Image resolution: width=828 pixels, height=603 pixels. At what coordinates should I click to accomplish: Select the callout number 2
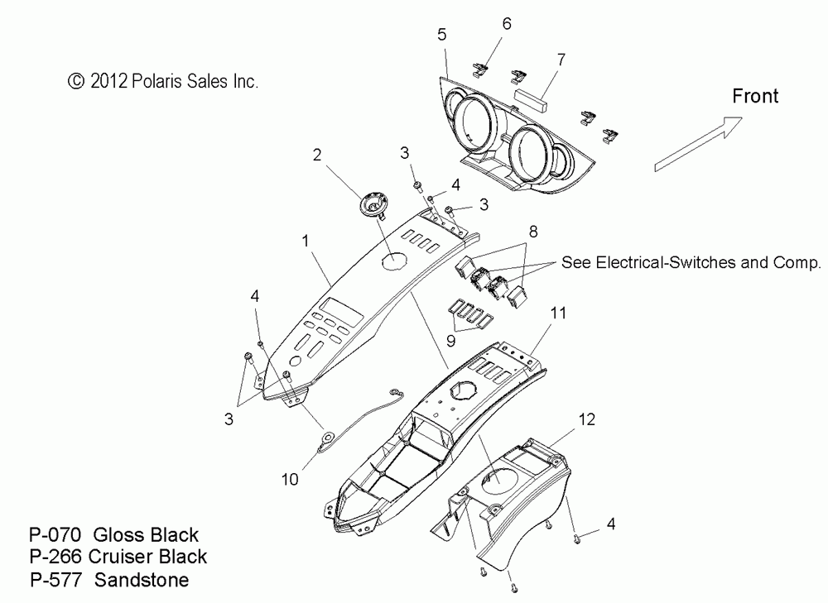click(x=316, y=154)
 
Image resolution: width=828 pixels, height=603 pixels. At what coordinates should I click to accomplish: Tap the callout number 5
click(x=442, y=34)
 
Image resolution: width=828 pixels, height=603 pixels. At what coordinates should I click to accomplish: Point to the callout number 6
click(x=507, y=26)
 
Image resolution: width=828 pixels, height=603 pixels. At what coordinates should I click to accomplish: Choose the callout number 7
click(x=561, y=60)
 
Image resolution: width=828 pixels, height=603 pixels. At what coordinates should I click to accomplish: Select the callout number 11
click(x=559, y=313)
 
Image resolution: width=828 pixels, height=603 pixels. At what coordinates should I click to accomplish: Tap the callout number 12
click(x=585, y=419)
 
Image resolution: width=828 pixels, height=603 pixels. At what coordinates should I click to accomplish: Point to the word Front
click(x=755, y=96)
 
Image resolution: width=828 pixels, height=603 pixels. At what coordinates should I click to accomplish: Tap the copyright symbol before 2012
click(x=76, y=81)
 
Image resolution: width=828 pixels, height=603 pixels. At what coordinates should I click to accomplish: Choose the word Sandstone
click(x=142, y=579)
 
